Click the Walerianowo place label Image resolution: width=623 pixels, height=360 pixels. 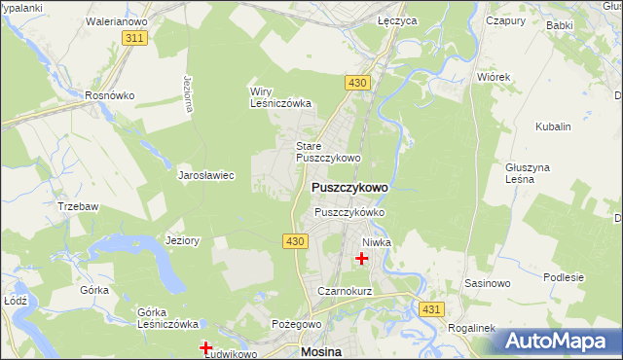(x=116, y=19)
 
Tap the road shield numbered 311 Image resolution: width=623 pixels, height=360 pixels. (x=135, y=37)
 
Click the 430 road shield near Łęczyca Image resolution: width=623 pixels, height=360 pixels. (x=357, y=84)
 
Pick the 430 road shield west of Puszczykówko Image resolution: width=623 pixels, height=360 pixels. (x=297, y=240)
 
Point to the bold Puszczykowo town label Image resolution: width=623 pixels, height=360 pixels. (x=349, y=187)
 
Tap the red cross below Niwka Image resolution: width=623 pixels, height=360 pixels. (x=363, y=259)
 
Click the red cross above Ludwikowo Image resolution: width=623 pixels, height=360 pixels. (x=206, y=347)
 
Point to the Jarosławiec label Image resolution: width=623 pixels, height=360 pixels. (x=206, y=176)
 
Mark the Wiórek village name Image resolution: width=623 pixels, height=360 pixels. (x=494, y=75)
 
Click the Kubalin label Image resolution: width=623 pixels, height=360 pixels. (x=553, y=126)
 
